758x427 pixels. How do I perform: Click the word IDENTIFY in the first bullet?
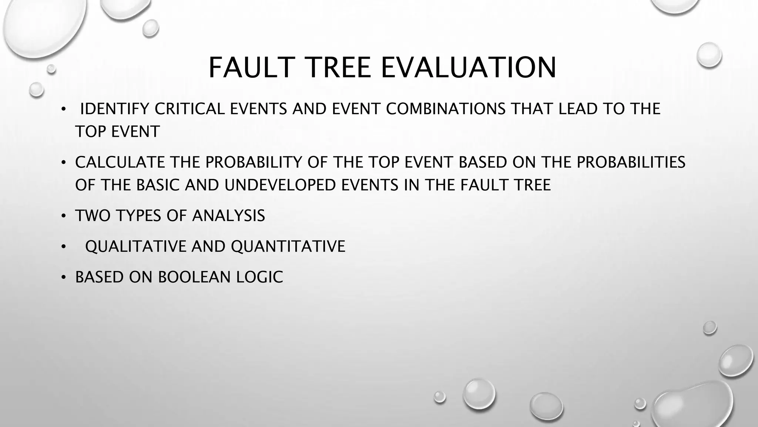click(x=114, y=109)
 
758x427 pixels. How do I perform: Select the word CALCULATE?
click(x=119, y=162)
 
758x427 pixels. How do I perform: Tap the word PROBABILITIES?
click(x=631, y=162)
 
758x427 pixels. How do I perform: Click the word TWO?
click(x=93, y=216)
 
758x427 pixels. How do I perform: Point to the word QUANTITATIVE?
click(x=288, y=246)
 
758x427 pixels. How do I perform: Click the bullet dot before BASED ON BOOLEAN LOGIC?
click(x=64, y=277)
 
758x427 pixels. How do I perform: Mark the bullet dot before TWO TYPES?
click(x=64, y=216)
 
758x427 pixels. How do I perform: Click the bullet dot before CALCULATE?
click(x=64, y=162)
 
